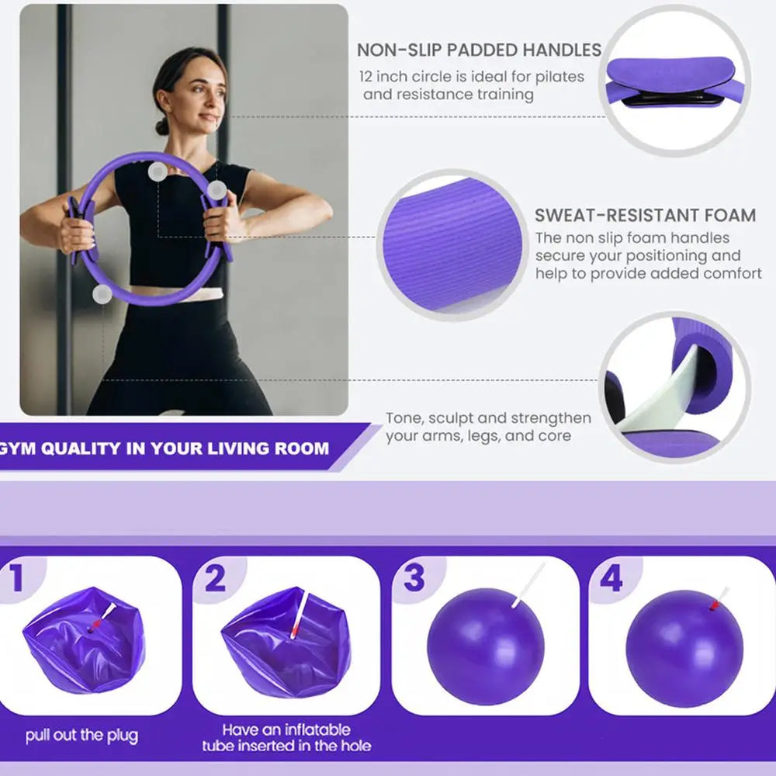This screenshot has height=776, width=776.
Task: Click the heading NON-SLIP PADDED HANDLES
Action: (479, 50)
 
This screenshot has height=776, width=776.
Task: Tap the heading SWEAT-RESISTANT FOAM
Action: (645, 216)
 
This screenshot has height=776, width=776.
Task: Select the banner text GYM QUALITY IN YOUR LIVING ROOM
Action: (165, 449)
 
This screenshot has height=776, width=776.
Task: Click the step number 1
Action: (16, 578)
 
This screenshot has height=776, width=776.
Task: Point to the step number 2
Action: (215, 578)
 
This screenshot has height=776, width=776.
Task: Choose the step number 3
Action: (414, 578)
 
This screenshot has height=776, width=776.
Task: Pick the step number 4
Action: (611, 578)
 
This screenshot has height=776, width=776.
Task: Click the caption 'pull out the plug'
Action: (81, 735)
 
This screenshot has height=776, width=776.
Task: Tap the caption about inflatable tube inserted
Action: (286, 738)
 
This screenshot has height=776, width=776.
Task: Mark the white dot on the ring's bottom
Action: (102, 294)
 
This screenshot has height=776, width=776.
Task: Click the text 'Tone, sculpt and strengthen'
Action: (488, 418)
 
